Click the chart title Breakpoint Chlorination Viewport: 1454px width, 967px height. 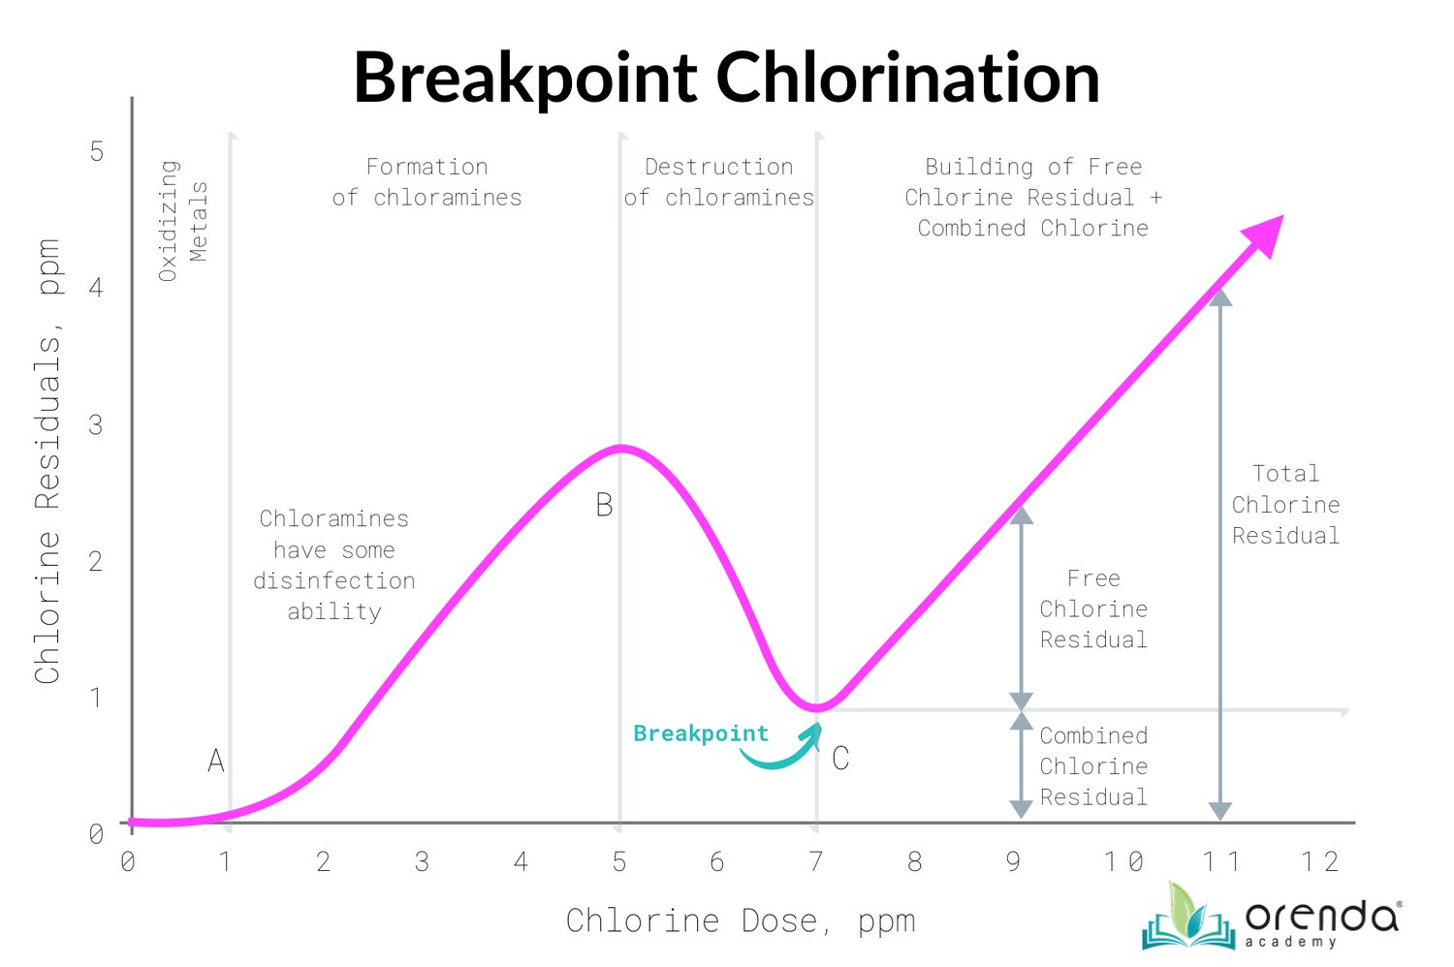(726, 78)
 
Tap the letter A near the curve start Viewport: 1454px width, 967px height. (216, 762)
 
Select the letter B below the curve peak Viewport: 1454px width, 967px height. (604, 505)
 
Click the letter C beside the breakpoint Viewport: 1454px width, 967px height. (840, 759)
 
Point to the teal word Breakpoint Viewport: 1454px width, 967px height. (701, 733)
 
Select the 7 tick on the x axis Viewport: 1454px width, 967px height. (816, 861)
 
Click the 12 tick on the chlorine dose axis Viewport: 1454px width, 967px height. (1319, 861)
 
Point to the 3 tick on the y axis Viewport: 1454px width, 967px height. (95, 424)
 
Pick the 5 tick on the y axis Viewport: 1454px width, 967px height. (96, 151)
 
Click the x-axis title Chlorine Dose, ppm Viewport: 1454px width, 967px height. (741, 920)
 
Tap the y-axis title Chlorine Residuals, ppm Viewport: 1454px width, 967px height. (48, 461)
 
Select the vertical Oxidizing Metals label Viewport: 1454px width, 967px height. (183, 221)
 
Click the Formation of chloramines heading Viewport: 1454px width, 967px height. (427, 182)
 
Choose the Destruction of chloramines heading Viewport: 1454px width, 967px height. (719, 182)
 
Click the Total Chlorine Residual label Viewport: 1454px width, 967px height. (1285, 505)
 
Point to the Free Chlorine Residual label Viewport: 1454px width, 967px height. (1093, 609)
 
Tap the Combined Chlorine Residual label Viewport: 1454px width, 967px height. (1093, 766)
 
